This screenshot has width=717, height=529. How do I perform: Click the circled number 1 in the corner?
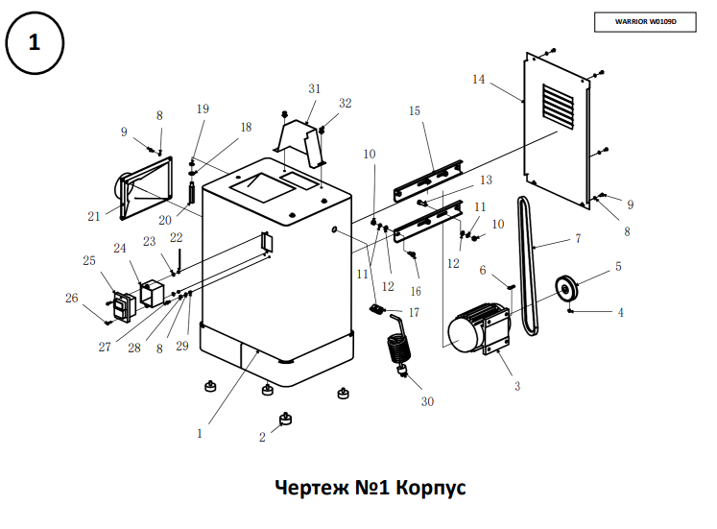coord(35,43)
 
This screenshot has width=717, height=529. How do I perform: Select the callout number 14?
coord(478,79)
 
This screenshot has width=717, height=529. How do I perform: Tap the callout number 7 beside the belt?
coord(578,237)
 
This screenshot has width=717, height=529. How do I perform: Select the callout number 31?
coord(314,88)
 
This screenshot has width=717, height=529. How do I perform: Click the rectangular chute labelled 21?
coord(144,188)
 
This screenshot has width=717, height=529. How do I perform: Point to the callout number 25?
coord(89,260)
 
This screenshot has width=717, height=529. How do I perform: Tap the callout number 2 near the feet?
coord(262,437)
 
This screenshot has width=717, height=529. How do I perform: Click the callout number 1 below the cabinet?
coord(200,433)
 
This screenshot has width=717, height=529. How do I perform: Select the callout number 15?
coord(415,111)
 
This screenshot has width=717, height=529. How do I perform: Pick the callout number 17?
coord(414,312)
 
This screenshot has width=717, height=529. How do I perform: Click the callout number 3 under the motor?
coord(516,386)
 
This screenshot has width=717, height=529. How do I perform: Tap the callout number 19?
coord(203,108)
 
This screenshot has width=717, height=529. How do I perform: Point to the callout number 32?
coord(346,103)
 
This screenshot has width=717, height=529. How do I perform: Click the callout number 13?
coord(486,180)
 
